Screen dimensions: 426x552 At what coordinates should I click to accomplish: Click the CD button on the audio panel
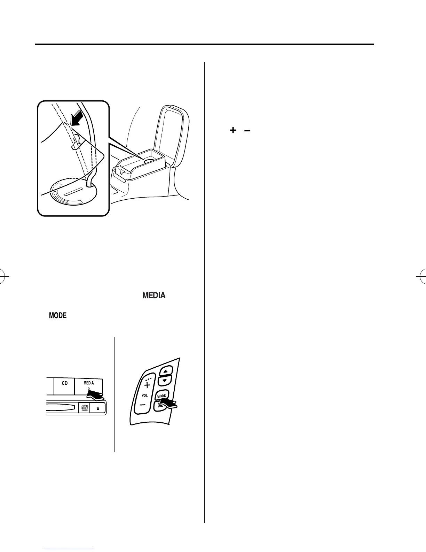(x=65, y=383)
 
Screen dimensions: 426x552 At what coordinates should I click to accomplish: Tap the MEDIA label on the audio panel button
(x=88, y=383)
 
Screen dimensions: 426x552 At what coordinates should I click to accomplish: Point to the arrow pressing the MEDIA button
(x=96, y=394)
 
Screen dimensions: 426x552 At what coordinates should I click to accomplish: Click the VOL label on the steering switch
(x=144, y=396)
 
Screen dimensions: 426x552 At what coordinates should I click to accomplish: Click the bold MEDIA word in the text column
(x=153, y=296)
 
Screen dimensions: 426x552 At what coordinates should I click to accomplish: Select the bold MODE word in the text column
(x=58, y=316)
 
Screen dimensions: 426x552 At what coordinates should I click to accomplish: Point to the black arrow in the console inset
(x=76, y=116)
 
